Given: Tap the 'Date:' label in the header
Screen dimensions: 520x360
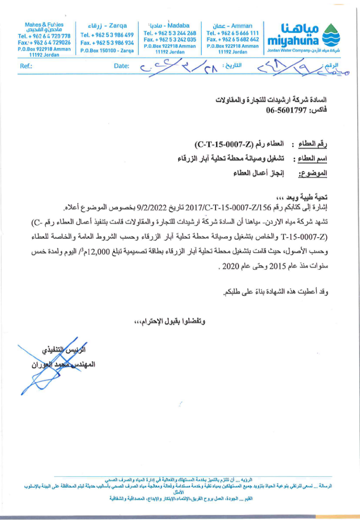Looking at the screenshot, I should click(121, 66).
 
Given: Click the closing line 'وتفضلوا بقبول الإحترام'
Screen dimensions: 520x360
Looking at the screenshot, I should click(170, 322).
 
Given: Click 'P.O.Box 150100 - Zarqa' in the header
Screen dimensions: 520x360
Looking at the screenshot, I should click(107, 51).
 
